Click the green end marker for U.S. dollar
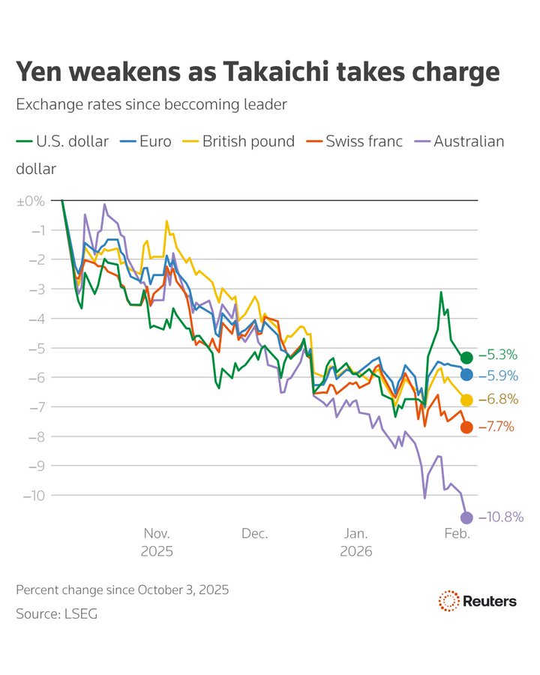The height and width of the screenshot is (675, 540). click(x=466, y=357)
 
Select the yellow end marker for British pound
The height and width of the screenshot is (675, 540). click(x=466, y=400)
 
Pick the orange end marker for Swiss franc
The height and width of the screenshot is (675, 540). click(x=466, y=427)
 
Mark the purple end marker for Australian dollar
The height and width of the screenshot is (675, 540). click(x=466, y=517)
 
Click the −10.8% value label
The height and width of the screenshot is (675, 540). click(x=500, y=517)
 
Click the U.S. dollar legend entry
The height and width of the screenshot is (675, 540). click(x=62, y=141)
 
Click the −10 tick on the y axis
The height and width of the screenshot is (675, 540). click(x=34, y=496)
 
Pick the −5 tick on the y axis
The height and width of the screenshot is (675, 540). click(x=36, y=348)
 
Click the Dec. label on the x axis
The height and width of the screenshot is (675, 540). click(x=255, y=534)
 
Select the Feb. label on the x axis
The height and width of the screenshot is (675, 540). click(x=457, y=534)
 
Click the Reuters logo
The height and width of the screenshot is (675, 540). click(x=477, y=601)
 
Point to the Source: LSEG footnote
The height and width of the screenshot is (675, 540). click(x=57, y=614)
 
